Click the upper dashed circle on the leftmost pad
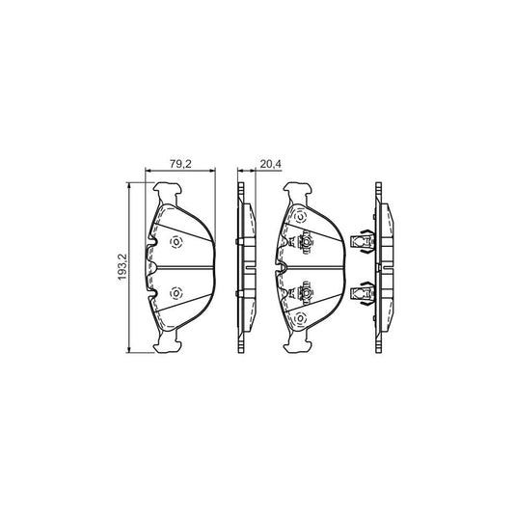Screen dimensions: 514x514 (x=176, y=242)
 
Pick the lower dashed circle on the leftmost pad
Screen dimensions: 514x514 (x=176, y=292)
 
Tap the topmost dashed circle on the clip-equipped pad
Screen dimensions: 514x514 (x=299, y=214)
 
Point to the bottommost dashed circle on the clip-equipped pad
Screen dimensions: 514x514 (x=299, y=320)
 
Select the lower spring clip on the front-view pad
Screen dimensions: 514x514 (x=306, y=290)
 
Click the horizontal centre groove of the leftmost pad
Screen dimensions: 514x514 (x=178, y=267)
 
